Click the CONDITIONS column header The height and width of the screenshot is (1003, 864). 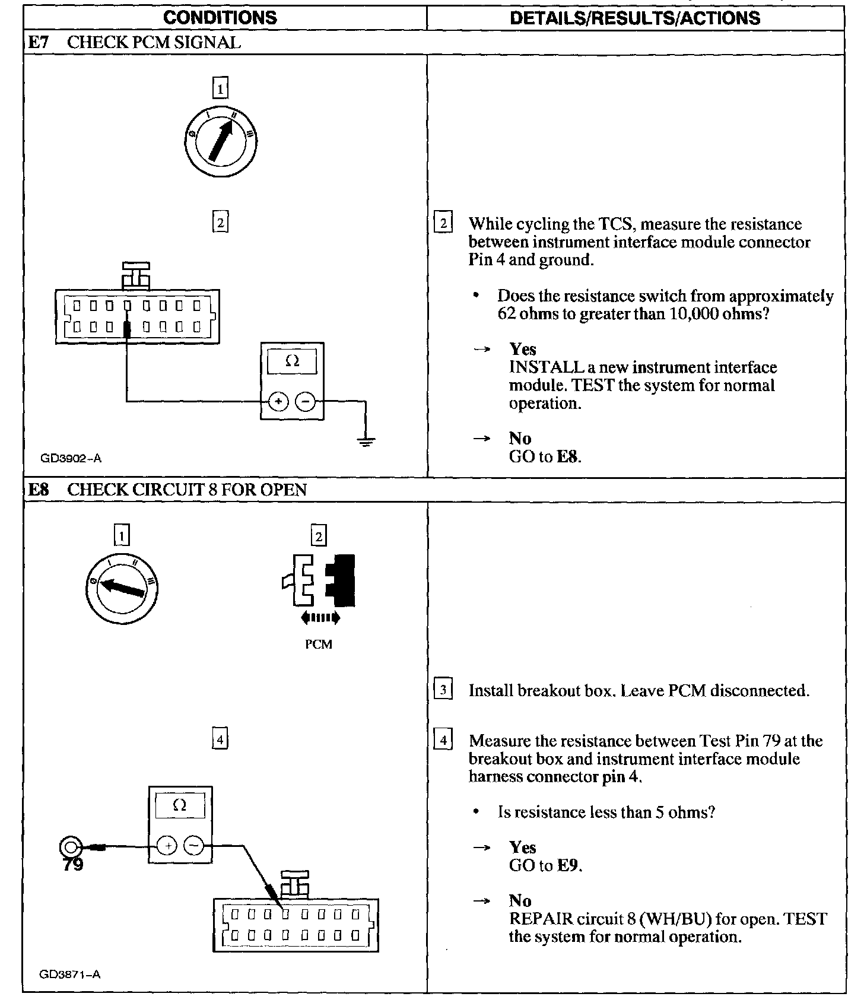[220, 17]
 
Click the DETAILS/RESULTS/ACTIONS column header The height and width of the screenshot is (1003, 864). [634, 18]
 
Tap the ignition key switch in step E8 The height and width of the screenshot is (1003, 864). [122, 588]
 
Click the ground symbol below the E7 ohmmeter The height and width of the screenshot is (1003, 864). [366, 441]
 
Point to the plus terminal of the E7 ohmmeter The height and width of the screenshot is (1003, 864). [278, 402]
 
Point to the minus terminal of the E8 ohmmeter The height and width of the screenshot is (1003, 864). [193, 845]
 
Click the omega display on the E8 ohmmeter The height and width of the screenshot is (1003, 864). [180, 805]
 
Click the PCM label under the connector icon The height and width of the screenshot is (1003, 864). [319, 645]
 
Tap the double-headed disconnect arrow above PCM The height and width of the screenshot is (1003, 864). [320, 618]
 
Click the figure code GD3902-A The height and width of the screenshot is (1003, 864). [71, 458]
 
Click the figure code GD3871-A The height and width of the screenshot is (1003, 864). [70, 975]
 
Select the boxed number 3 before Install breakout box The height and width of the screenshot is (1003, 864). [443, 691]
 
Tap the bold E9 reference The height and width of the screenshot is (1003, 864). [568, 866]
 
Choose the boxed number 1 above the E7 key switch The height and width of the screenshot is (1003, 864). [220, 89]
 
